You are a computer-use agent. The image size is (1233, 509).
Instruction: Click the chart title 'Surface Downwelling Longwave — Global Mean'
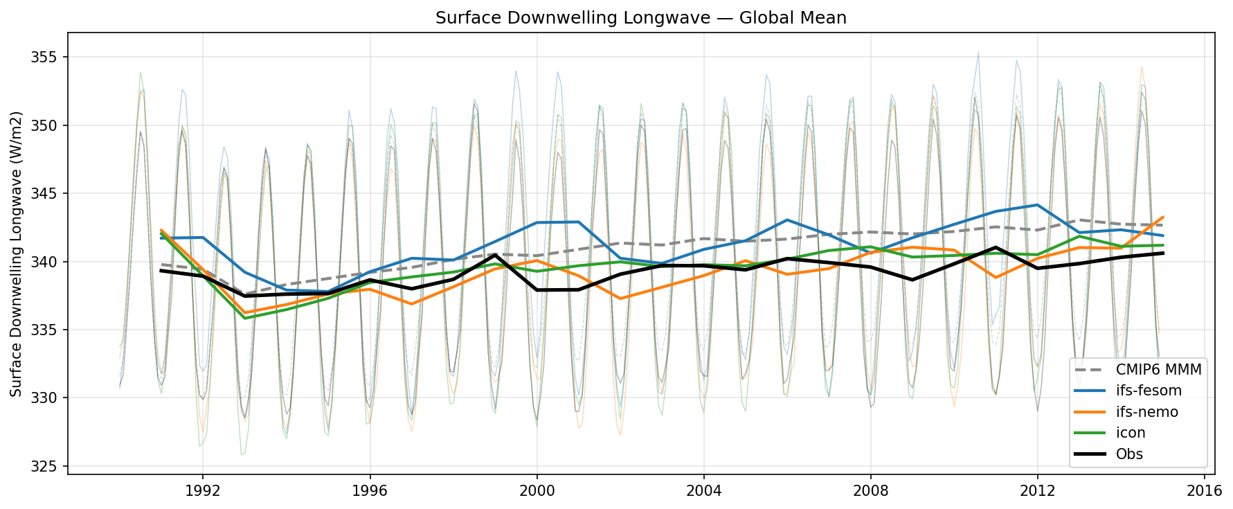tap(640, 18)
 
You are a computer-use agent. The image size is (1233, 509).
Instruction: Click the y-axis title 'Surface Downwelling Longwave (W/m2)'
tap(17, 253)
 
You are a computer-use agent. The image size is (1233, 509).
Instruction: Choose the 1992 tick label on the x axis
tap(203, 491)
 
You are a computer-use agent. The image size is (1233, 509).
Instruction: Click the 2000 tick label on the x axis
tap(537, 491)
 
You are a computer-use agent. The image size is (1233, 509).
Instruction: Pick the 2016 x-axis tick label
tap(1204, 491)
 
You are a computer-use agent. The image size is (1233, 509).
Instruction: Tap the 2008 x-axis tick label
tap(870, 491)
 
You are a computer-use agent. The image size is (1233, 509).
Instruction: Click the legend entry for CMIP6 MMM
tap(1158, 369)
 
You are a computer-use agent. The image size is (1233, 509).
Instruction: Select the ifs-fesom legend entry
tap(1149, 391)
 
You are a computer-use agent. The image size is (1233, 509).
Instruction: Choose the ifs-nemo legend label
tap(1146, 412)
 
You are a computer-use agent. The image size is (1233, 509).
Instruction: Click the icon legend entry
tap(1131, 433)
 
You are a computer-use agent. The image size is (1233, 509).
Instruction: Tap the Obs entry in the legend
tap(1129, 454)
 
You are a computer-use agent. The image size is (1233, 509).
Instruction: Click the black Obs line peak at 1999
tap(495, 255)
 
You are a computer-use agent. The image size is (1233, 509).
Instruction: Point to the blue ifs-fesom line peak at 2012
tap(1036, 205)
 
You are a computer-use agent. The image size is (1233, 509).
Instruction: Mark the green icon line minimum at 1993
tap(244, 318)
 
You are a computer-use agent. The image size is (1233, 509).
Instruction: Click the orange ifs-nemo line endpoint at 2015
tap(1162, 217)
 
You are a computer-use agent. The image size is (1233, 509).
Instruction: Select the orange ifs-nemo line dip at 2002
tap(620, 298)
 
